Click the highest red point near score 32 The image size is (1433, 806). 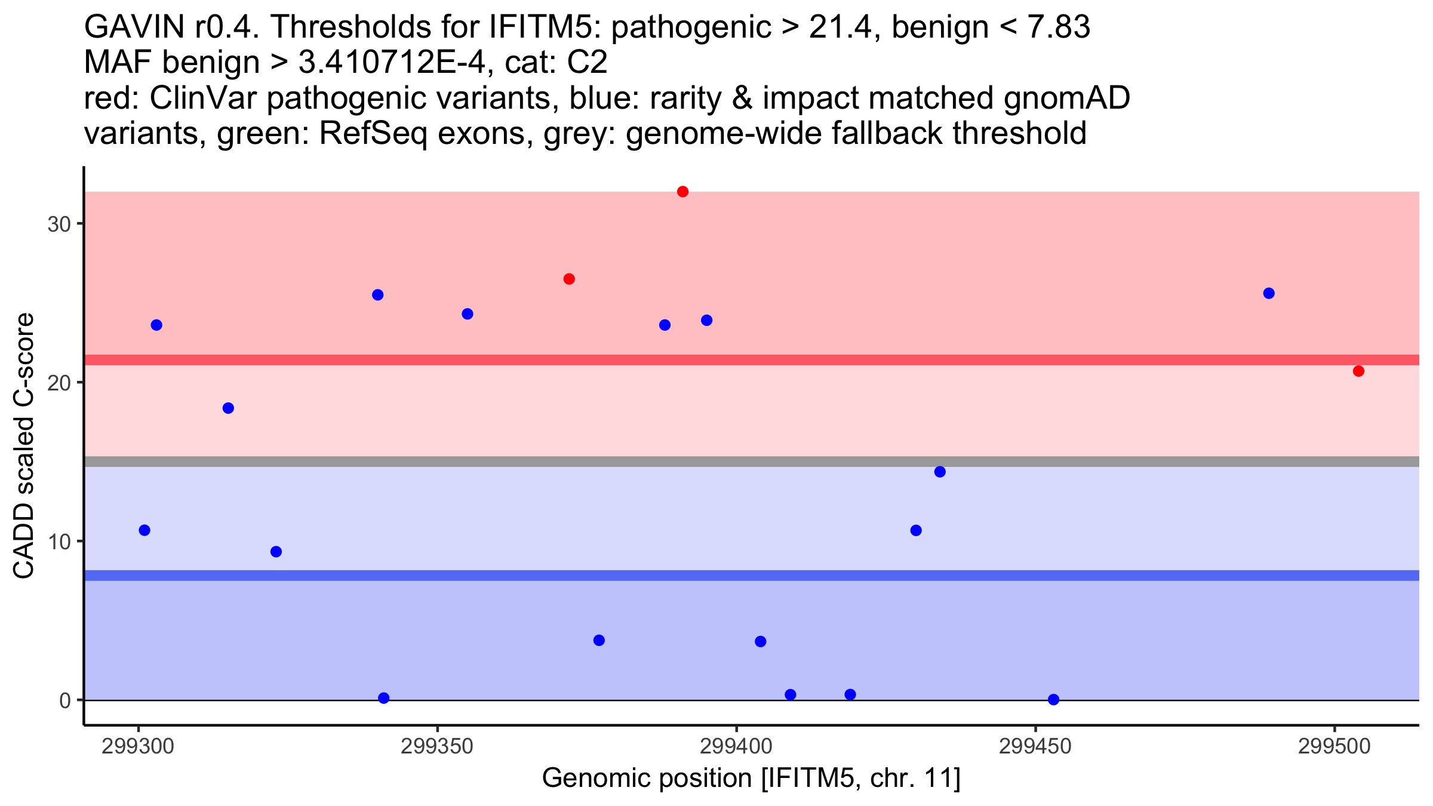(682, 192)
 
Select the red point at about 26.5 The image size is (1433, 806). (569, 279)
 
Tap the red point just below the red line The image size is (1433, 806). (1358, 371)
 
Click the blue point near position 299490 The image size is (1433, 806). (1269, 293)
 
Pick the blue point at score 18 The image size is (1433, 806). (228, 408)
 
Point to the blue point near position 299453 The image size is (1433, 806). (1053, 699)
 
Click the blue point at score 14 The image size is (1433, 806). (940, 472)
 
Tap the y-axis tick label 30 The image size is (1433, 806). (59, 224)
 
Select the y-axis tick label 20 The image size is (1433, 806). (59, 383)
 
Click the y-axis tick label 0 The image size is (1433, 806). (64, 700)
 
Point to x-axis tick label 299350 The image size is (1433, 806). (437, 747)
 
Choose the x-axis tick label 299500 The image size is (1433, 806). (1334, 747)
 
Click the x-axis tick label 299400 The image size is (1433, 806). (736, 747)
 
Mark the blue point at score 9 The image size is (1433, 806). (276, 552)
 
